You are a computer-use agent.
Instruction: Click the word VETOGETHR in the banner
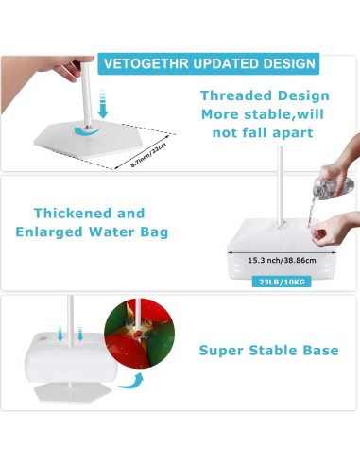pyautogui.click(x=137, y=65)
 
